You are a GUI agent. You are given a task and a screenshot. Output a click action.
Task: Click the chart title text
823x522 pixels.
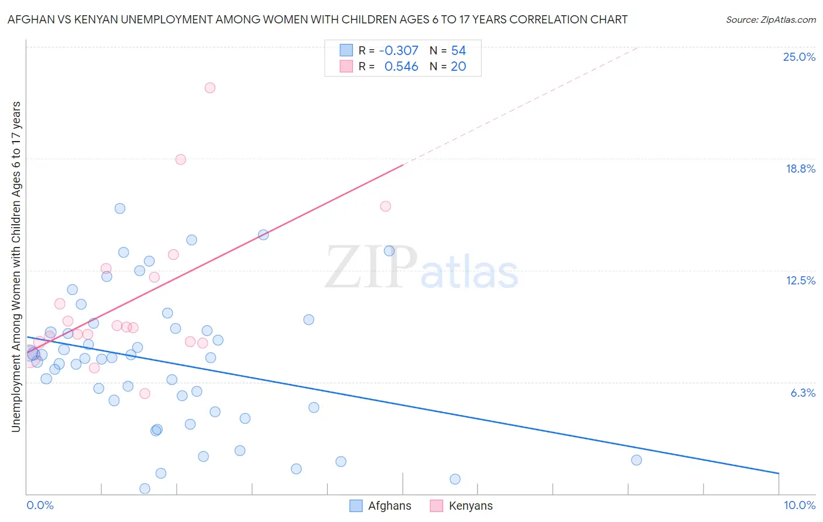click(317, 19)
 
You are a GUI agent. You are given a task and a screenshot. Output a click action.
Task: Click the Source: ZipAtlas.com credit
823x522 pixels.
click(770, 19)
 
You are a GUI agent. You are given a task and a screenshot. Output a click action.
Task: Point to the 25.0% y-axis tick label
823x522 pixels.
click(799, 57)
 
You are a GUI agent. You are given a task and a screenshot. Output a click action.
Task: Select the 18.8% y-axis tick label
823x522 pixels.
click(800, 169)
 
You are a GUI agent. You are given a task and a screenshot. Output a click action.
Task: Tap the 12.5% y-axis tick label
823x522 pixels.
click(800, 280)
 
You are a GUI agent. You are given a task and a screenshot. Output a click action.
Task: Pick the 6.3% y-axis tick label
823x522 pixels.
click(803, 393)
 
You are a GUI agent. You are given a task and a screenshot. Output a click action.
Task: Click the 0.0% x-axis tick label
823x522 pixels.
click(40, 505)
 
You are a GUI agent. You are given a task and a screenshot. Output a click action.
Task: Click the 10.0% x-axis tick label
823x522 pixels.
click(799, 505)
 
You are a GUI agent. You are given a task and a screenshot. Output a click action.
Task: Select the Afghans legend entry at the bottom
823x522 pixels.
click(380, 506)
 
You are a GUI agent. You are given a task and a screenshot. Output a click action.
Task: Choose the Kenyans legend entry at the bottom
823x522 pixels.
click(461, 506)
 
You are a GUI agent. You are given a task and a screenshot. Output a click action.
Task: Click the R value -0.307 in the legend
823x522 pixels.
click(399, 51)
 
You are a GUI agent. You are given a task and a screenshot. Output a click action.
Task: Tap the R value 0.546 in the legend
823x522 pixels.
click(401, 67)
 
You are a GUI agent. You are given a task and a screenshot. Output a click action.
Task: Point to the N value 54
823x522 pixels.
click(458, 51)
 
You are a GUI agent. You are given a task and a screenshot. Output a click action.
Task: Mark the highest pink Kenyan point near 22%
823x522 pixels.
click(210, 88)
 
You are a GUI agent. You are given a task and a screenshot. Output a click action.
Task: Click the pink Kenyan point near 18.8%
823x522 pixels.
click(180, 159)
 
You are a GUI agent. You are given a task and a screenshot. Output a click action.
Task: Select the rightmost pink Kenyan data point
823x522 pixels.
click(385, 206)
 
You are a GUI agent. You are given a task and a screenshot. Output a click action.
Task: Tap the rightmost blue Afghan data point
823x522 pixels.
click(636, 460)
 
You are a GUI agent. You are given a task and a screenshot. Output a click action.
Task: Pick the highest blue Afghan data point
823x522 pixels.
click(120, 208)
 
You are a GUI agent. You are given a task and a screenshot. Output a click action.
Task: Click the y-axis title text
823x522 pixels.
click(16, 267)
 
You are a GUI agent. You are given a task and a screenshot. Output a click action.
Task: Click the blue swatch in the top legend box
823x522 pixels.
click(347, 51)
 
